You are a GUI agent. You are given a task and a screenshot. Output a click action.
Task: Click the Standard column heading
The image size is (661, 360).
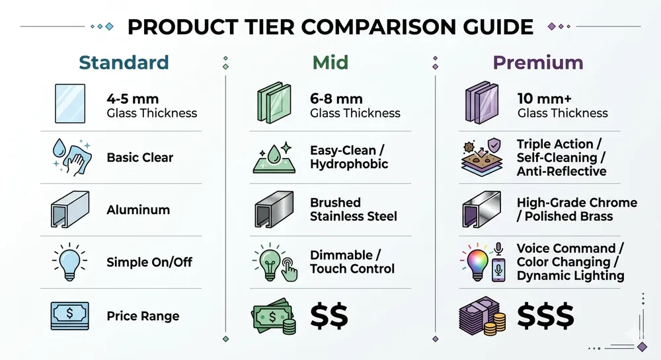pyautogui.click(x=124, y=63)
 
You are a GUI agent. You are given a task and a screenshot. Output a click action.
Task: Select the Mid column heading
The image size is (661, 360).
pyautogui.click(x=330, y=63)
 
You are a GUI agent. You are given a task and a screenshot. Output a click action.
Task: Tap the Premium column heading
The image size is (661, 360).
pyautogui.click(x=538, y=63)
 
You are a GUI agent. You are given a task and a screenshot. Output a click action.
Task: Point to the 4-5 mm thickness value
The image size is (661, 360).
pyautogui.click(x=133, y=99)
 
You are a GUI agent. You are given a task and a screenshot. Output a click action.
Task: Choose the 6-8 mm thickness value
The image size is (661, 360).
pyautogui.click(x=336, y=99)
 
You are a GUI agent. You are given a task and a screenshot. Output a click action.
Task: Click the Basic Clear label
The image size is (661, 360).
pyautogui.click(x=139, y=158)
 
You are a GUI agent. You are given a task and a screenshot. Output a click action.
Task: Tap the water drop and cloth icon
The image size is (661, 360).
pyautogui.click(x=69, y=158)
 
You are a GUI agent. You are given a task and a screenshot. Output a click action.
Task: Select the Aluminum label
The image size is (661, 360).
pyautogui.click(x=138, y=210)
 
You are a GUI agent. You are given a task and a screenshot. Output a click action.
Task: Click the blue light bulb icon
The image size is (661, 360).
pyautogui.click(x=69, y=262)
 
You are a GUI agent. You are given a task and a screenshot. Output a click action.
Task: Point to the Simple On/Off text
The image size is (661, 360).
pyautogui.click(x=149, y=262)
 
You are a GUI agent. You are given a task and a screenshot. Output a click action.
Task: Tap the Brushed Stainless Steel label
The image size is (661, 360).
pyautogui.click(x=354, y=209)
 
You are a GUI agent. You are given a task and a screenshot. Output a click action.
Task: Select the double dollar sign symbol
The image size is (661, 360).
pyautogui.click(x=329, y=316)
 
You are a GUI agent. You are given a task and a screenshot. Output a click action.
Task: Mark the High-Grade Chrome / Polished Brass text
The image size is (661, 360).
pyautogui.click(x=576, y=209)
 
